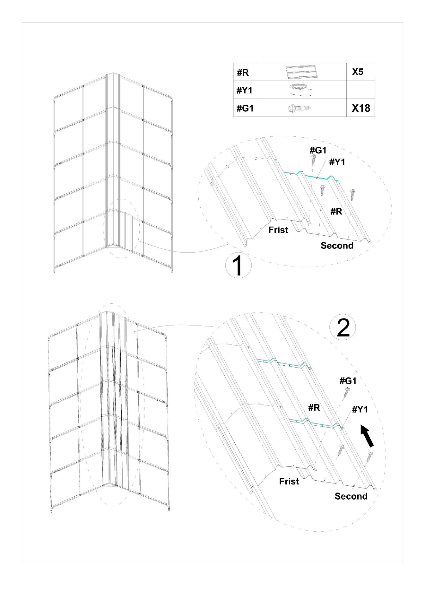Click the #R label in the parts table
point(243,73)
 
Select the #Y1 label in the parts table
point(245,91)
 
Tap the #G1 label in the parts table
point(245,109)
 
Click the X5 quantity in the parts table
point(358,72)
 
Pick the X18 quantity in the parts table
point(361,108)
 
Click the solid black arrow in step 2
point(367,436)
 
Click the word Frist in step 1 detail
point(278,230)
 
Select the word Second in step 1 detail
point(337,246)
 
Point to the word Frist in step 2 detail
point(289,481)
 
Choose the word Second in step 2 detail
point(351,496)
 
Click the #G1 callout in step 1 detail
point(318,150)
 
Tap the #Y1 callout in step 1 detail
point(337,162)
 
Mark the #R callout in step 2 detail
point(314,408)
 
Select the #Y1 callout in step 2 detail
point(360,409)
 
